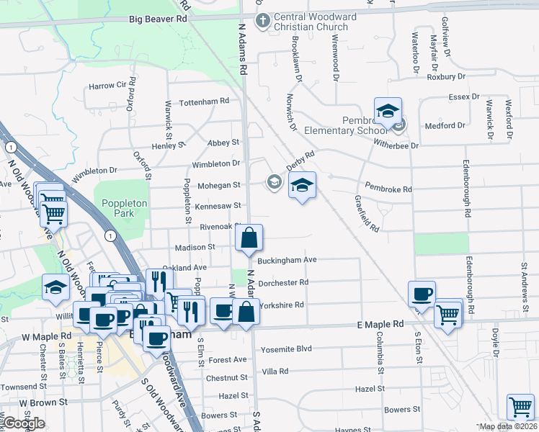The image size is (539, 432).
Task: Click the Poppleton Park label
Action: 125,209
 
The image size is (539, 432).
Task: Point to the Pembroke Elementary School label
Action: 346,124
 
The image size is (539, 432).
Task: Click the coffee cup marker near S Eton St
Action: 422,294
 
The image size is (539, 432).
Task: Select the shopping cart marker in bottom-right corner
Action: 520,408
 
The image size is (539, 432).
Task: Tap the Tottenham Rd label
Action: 203,102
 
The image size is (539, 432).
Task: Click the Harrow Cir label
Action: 107,86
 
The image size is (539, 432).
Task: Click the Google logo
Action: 24,423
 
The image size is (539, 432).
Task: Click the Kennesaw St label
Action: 217,206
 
